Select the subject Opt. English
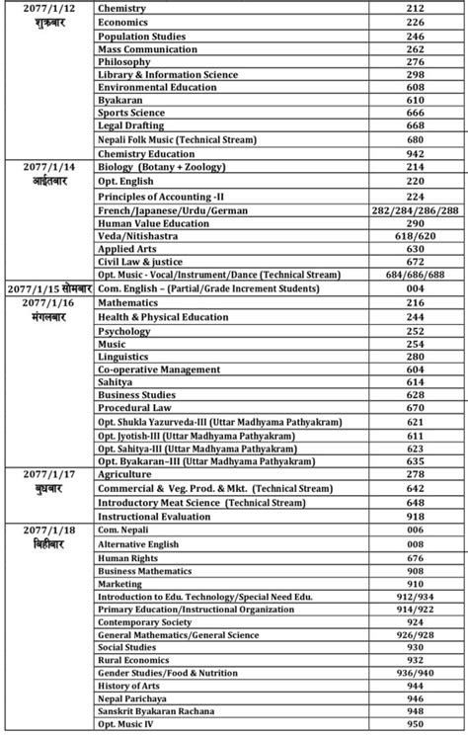128,182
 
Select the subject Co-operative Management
159,368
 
